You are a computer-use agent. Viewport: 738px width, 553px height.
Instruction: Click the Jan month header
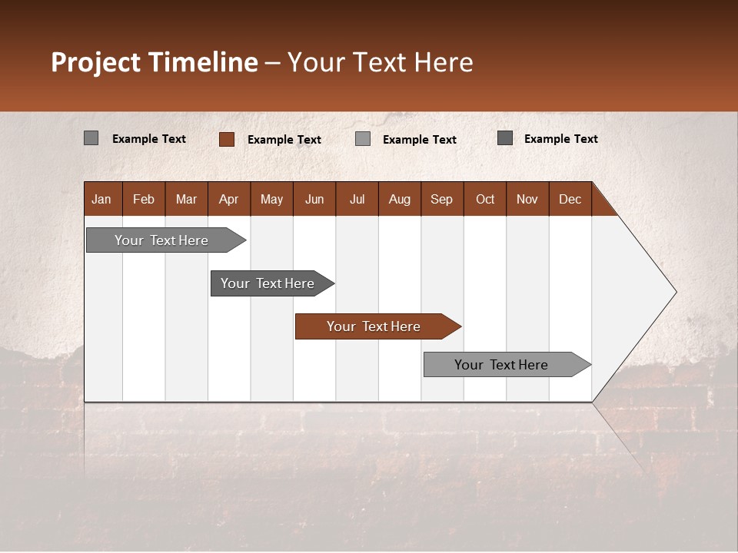(101, 199)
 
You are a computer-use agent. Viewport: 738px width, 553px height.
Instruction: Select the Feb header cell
(144, 199)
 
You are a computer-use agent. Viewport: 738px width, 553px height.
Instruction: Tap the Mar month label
(186, 199)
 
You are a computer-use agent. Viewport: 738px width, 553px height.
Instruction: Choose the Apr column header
(229, 199)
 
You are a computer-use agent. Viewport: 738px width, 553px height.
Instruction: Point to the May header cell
(271, 199)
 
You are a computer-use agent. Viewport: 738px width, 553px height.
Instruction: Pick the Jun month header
(314, 199)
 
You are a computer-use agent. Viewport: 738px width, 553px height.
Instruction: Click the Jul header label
(357, 199)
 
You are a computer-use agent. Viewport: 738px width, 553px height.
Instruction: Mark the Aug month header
(400, 199)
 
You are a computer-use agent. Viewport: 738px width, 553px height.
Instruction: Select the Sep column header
(442, 199)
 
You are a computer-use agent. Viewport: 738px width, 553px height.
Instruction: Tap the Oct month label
(485, 199)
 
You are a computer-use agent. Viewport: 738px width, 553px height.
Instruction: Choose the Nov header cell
(527, 199)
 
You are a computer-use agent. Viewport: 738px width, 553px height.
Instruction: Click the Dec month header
(570, 199)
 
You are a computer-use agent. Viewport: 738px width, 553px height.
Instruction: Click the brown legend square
(227, 139)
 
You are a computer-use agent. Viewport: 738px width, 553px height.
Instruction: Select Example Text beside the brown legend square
(284, 140)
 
